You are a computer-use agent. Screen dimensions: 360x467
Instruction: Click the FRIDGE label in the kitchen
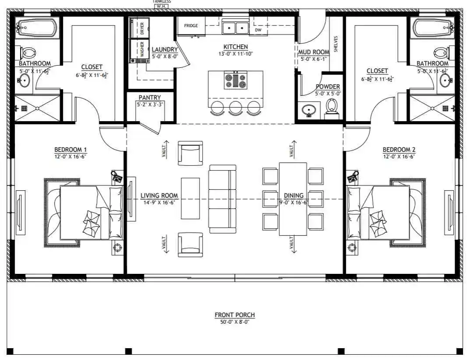[x=191, y=26]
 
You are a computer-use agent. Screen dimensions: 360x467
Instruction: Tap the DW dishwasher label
[x=258, y=30]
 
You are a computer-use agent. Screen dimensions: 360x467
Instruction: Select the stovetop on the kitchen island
[x=235, y=80]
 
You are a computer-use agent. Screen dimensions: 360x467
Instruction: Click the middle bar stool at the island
[x=235, y=107]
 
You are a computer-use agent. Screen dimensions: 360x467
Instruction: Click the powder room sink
[x=309, y=109]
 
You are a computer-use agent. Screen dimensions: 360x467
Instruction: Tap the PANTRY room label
[x=150, y=98]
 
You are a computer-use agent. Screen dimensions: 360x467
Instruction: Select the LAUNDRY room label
[x=165, y=50]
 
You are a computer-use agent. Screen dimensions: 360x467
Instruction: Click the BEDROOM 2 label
[x=399, y=150]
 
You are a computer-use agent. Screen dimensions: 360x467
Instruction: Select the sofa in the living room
[x=222, y=199]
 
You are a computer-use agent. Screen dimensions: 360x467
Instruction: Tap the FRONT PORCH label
[x=235, y=315]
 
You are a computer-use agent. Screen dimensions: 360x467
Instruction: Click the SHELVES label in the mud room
[x=336, y=44]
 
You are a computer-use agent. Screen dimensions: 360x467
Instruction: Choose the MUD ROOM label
[x=314, y=52]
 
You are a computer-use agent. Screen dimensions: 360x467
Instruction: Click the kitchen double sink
[x=235, y=28]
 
